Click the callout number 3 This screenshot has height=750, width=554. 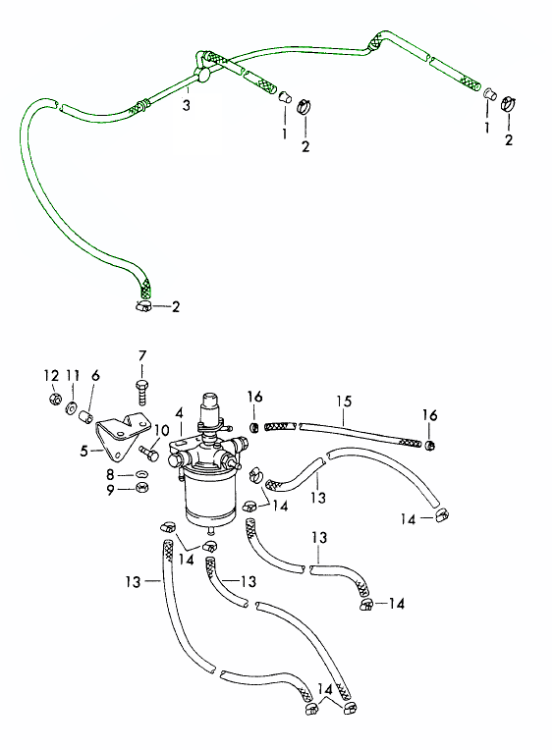[186, 105]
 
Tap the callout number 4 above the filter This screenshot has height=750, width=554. [180, 412]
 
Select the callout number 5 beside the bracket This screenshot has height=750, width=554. [84, 451]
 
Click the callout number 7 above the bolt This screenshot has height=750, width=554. [142, 356]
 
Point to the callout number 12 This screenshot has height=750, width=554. [51, 376]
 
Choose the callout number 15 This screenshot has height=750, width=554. [345, 401]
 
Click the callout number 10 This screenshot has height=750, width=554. [162, 431]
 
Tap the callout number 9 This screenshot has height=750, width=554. [111, 491]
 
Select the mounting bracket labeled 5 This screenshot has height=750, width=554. [121, 431]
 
